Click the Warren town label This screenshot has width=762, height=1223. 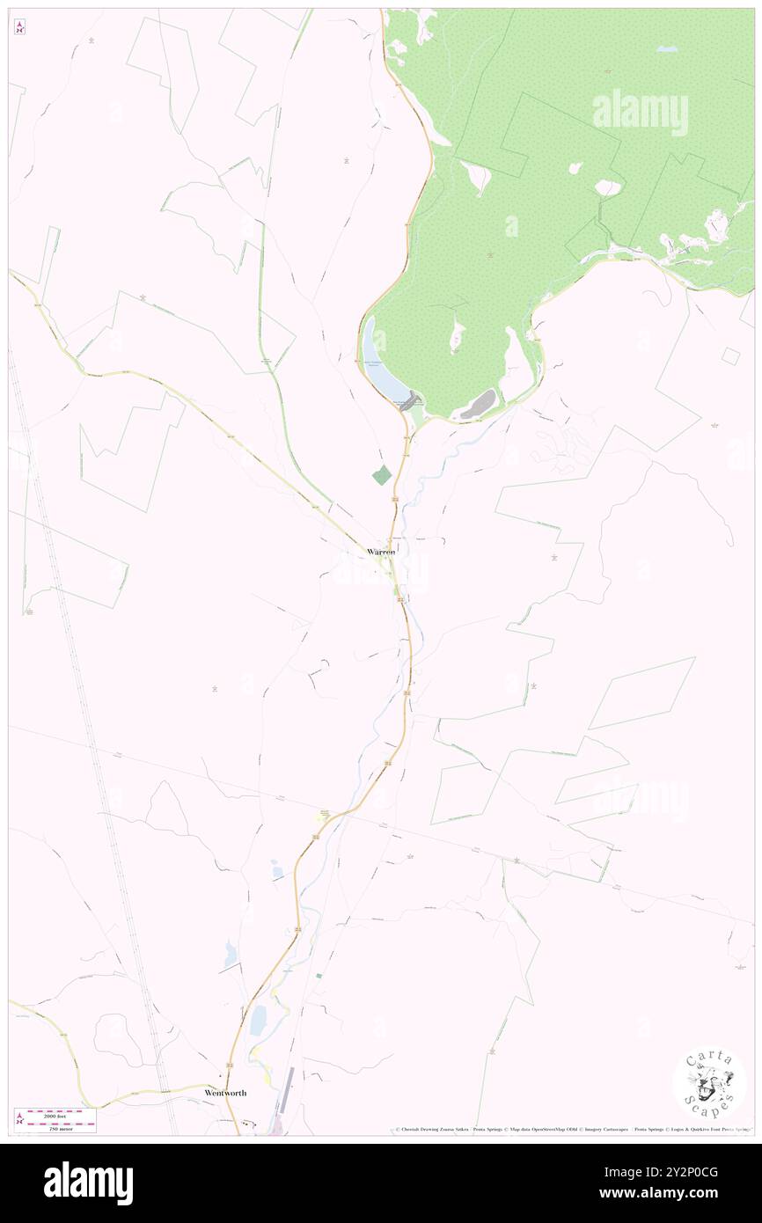pos(381,551)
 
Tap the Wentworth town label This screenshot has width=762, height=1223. pos(225,1092)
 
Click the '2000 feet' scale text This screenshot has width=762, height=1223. pos(61,1113)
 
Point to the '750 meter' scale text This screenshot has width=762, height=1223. pos(61,1127)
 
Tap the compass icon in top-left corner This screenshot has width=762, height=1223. pos(19,28)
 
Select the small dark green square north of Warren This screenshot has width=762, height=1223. pos(381,475)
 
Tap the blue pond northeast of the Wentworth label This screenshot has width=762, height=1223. pos(259,1021)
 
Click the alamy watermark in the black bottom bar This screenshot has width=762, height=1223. pos(88,1183)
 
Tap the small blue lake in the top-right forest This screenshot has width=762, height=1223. pos(667,49)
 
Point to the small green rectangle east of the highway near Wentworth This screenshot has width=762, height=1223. pos(319,976)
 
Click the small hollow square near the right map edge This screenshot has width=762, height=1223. pos(729,355)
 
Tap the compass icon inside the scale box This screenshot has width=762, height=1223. pos(19,1119)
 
